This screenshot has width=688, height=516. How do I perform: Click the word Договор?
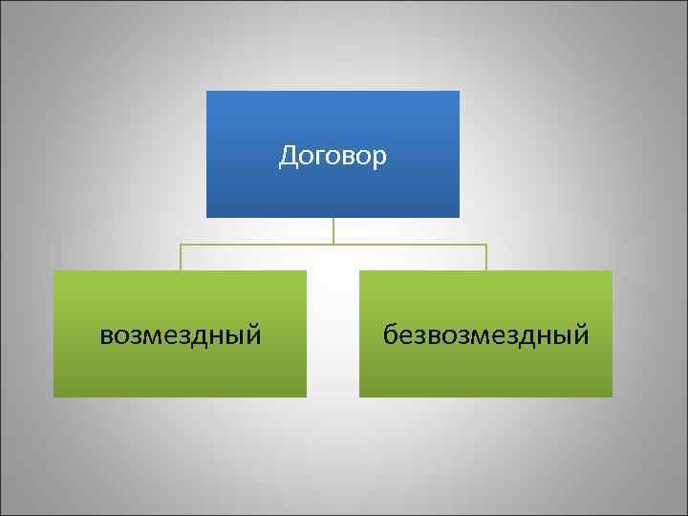[333, 156]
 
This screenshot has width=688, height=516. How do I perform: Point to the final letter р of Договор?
[381, 158]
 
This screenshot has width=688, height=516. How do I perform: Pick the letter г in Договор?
[317, 157]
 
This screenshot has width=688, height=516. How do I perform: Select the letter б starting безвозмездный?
[391, 333]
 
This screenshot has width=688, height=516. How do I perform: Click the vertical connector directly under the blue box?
[333, 230]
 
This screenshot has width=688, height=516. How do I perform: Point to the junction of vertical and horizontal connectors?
[333, 245]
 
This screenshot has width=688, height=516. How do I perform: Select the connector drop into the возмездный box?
[181, 258]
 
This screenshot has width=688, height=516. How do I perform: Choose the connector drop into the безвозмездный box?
[486, 258]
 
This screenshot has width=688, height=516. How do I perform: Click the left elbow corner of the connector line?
[181, 245]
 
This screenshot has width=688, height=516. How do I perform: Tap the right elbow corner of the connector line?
[486, 245]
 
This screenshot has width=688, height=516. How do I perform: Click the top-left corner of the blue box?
[207, 92]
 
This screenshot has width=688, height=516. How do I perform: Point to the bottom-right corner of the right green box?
[612, 396]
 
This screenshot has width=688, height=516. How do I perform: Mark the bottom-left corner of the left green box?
[54, 396]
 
